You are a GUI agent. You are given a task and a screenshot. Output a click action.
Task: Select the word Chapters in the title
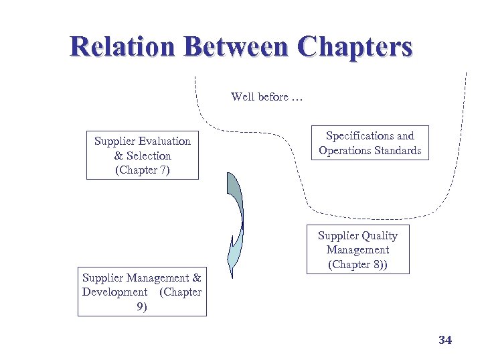click(355, 48)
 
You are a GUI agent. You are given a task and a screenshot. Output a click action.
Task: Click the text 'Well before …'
click(267, 97)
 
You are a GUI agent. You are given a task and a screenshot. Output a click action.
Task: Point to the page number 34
click(445, 341)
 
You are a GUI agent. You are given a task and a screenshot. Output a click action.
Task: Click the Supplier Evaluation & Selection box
click(143, 155)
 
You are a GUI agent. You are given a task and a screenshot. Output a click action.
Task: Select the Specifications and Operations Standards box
click(370, 143)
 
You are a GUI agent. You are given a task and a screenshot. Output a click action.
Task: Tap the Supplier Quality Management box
click(357, 249)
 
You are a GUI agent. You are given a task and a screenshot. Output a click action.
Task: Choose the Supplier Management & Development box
click(142, 292)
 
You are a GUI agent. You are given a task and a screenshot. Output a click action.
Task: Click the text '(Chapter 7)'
click(143, 170)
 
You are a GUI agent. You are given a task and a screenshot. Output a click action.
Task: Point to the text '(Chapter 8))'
click(358, 264)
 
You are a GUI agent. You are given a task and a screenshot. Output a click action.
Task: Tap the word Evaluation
click(165, 141)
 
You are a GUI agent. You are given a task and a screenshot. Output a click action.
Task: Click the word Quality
click(379, 235)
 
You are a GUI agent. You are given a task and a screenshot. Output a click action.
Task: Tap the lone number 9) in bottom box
click(142, 306)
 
